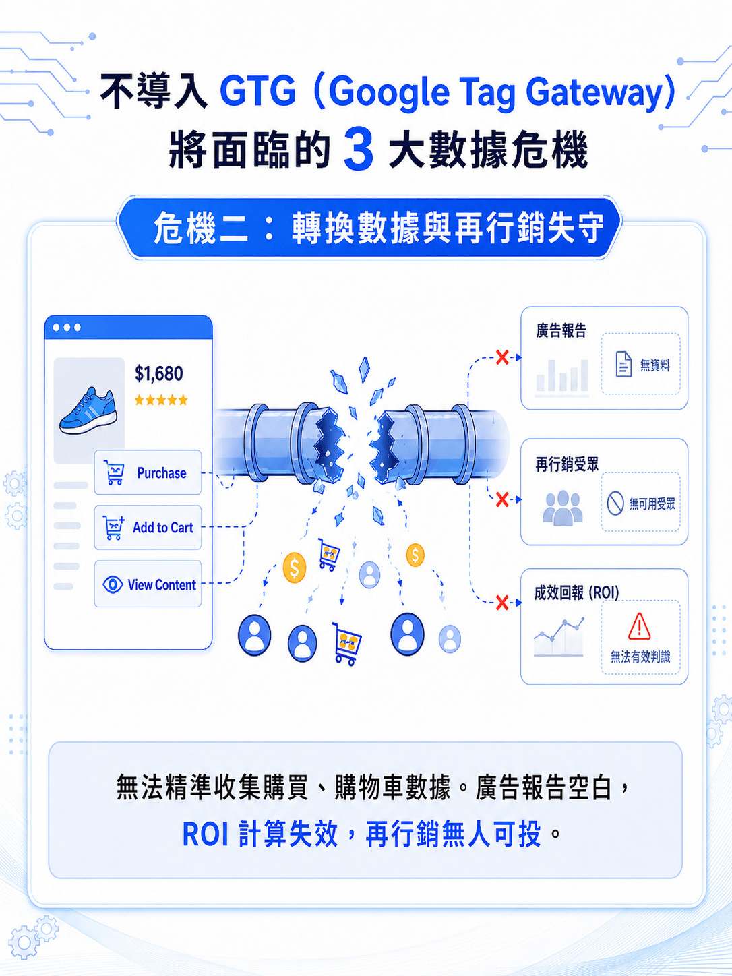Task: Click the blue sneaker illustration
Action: click(88, 410)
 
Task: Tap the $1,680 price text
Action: click(158, 373)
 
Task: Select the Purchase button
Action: click(148, 472)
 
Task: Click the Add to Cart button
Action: click(148, 527)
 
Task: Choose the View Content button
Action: click(148, 584)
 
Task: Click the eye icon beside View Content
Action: click(113, 584)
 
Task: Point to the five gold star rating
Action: click(161, 400)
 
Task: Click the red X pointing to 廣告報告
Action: click(502, 357)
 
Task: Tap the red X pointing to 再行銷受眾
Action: click(502, 499)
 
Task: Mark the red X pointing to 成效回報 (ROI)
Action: click(502, 603)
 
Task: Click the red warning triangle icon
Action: click(640, 626)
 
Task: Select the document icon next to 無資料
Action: click(623, 364)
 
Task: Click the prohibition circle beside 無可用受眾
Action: click(615, 504)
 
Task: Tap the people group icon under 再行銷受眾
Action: click(562, 508)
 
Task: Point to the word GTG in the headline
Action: click(257, 91)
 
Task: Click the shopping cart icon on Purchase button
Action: click(114, 472)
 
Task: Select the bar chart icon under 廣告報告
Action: click(561, 377)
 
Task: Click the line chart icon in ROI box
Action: click(559, 636)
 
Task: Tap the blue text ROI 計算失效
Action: click(260, 834)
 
